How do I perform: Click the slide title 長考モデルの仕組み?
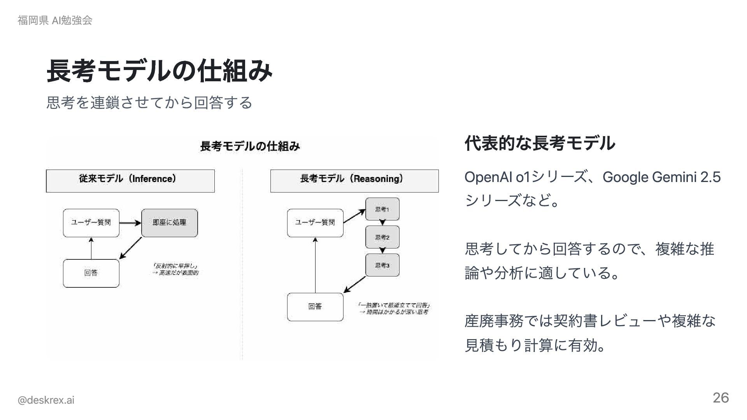160,71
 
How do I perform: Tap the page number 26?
721,398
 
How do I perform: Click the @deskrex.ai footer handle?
46,400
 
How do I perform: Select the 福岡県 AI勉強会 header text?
55,20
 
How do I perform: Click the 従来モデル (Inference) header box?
130,181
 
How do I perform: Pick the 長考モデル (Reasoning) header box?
354,181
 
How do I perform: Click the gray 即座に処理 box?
169,223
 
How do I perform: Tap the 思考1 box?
382,209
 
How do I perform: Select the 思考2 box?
382,237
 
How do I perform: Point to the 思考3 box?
382,265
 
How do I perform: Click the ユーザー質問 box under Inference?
91,223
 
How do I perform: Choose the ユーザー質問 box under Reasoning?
315,223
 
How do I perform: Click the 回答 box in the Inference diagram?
91,273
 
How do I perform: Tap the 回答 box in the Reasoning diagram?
315,307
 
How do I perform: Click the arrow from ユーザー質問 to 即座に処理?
130,223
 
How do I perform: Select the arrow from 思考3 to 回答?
355,284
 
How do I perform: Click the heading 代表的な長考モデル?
540,143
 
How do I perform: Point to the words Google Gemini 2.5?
661,177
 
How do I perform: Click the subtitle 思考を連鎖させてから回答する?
149,102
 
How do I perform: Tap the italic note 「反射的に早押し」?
176,266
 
